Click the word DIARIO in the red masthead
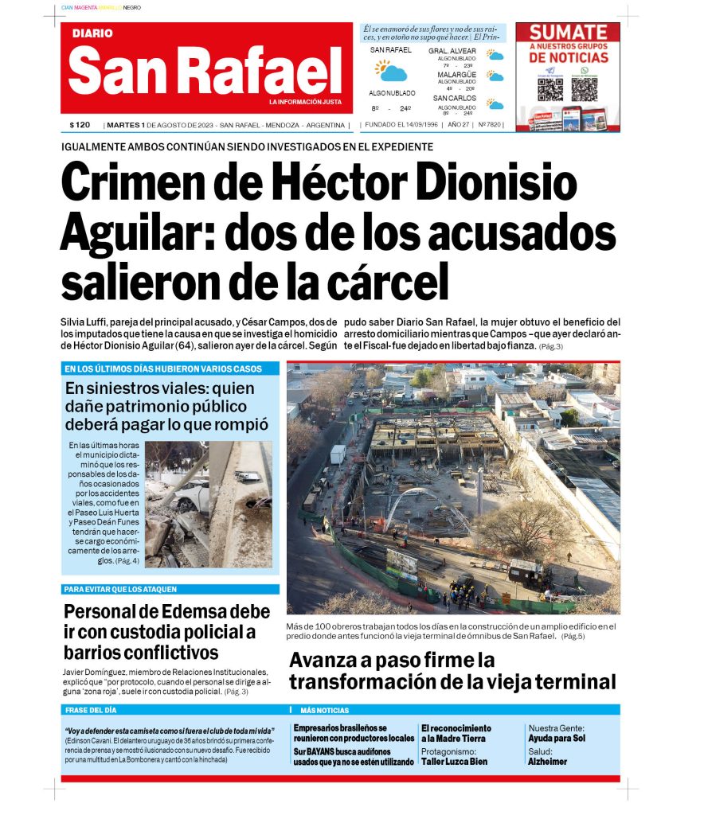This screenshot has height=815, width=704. (92, 33)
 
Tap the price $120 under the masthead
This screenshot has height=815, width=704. (80, 125)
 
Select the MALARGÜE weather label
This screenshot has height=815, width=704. (456, 75)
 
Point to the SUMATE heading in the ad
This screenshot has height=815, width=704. (569, 33)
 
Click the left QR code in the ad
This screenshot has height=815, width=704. (550, 88)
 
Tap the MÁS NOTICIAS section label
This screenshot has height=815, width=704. (324, 710)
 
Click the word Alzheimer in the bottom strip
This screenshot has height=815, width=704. (548, 762)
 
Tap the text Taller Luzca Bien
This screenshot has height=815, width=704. (455, 762)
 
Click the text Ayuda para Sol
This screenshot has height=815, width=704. (557, 738)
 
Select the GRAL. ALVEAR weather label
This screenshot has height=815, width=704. (452, 51)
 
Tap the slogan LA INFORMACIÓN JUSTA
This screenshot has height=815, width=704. (305, 102)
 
